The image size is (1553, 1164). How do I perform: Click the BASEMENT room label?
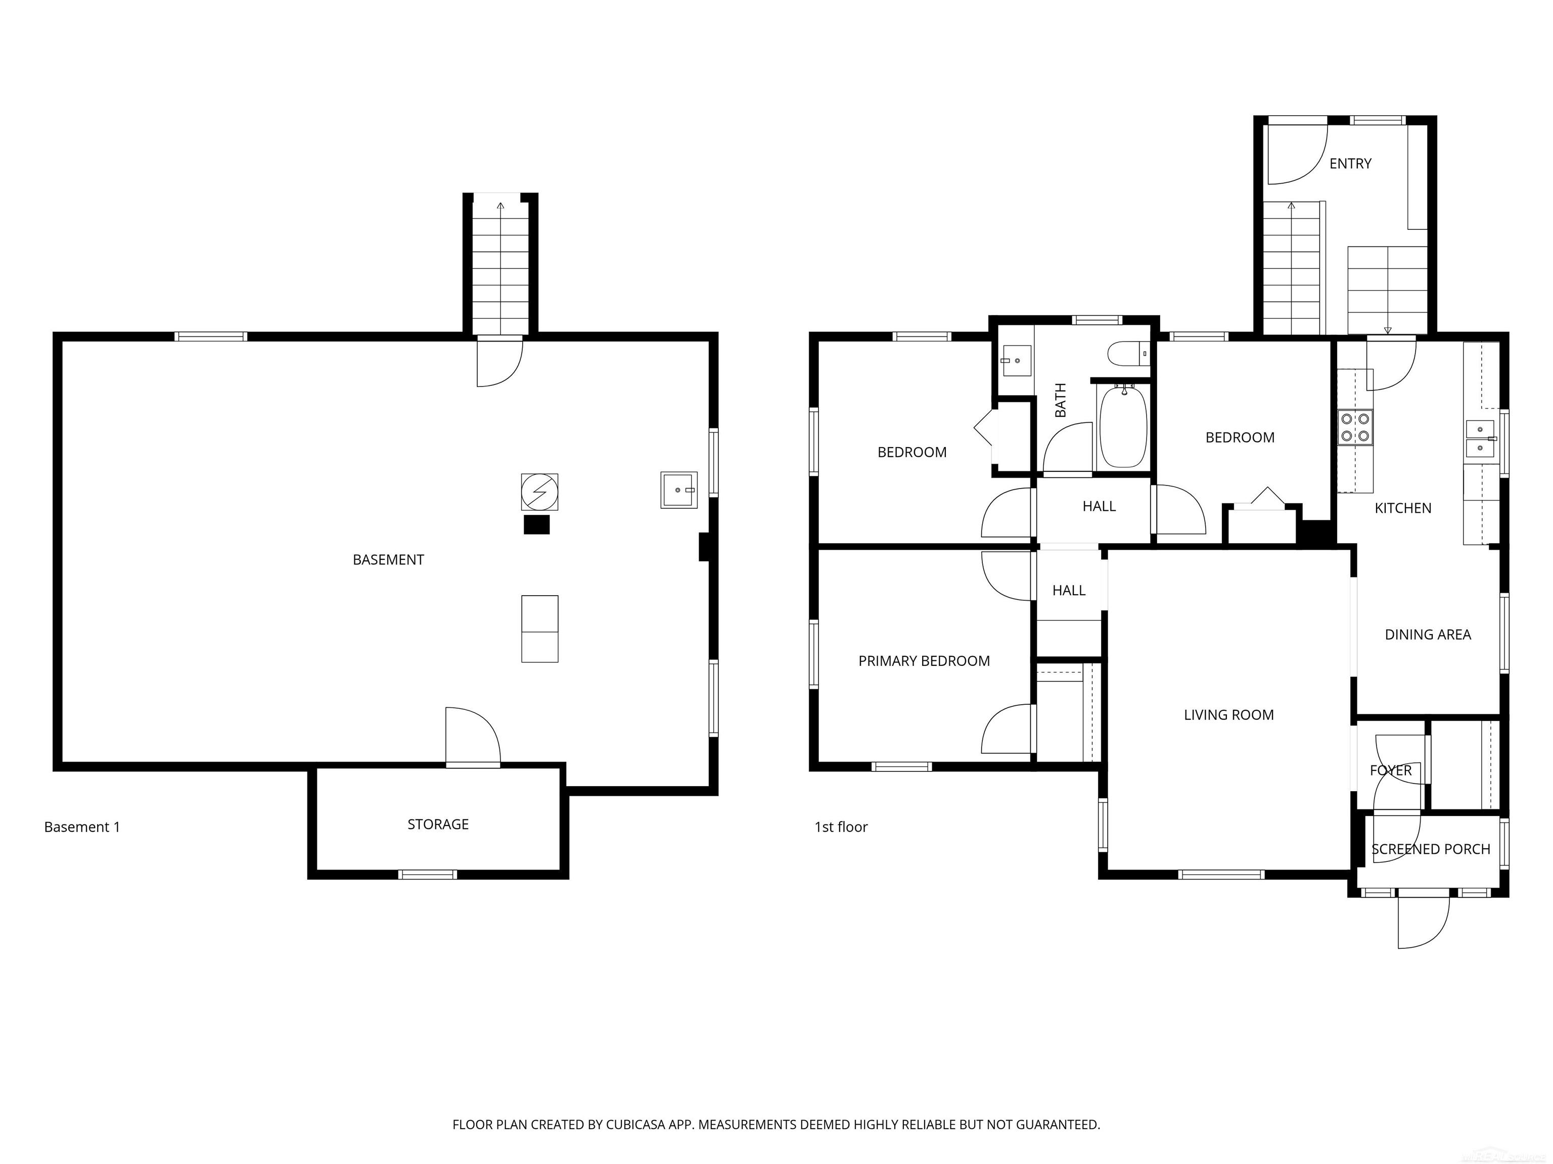point(388,559)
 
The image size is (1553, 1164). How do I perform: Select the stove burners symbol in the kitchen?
point(1355,427)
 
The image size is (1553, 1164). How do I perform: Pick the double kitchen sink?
point(1481,439)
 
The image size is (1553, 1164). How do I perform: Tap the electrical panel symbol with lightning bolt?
point(539,491)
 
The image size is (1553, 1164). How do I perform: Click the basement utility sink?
point(678,490)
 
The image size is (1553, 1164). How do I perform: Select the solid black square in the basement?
point(536,525)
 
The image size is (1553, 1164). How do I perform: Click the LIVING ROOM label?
point(1228,714)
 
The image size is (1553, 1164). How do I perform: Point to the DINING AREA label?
point(1427,634)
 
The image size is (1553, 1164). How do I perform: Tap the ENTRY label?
point(1349,164)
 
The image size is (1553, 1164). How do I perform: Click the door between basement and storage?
point(473,737)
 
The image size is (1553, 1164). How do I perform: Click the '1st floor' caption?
point(840,827)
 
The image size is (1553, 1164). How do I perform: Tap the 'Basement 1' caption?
point(81,827)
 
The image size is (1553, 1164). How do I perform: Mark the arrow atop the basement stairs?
point(500,206)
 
